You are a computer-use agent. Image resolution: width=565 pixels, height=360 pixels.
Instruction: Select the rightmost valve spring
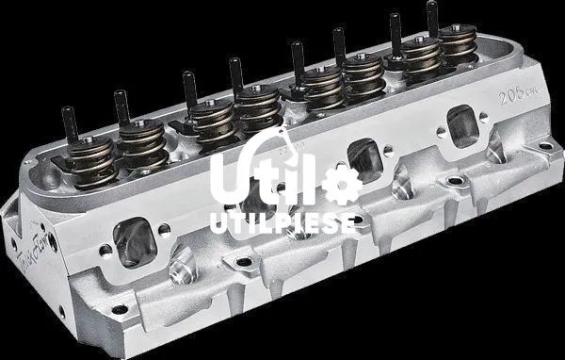(x=457, y=47)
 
